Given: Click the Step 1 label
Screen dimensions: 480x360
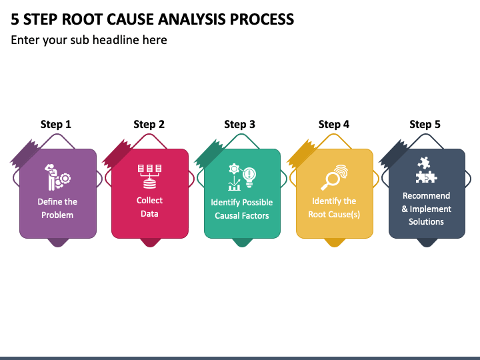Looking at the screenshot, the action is click(56, 124).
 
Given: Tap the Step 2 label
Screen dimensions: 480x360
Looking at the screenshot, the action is click(149, 124).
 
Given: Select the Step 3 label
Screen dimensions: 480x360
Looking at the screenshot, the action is click(239, 124).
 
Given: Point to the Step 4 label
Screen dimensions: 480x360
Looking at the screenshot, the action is click(334, 124).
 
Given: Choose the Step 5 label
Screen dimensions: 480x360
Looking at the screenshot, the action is click(425, 124).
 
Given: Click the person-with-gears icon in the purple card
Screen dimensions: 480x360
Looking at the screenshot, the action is click(57, 177).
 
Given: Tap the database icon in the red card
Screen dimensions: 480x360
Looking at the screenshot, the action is click(150, 177).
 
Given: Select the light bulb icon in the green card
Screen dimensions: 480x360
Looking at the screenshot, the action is click(249, 177).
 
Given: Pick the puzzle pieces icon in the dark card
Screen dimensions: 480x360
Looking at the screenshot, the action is click(426, 170).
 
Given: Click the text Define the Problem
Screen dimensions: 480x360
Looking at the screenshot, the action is click(57, 208).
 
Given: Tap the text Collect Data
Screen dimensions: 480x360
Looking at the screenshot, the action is click(149, 207).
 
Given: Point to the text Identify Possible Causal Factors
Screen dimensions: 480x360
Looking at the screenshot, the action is click(242, 209).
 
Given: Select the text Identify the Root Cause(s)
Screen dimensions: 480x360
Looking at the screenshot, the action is click(334, 207).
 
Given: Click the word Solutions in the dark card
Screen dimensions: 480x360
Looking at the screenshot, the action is click(426, 221).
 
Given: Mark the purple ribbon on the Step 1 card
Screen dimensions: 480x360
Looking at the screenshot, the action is click(25, 154).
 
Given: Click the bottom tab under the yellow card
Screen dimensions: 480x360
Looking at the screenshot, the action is click(334, 243).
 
